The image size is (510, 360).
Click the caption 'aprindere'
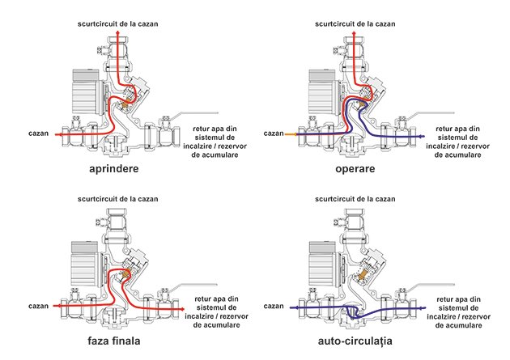[114, 169]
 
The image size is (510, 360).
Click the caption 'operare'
[355, 169]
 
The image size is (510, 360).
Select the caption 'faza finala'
[114, 341]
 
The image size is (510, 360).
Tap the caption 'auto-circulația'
[355, 341]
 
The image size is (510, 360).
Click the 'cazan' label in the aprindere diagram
[38, 133]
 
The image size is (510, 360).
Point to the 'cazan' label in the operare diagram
[274, 133]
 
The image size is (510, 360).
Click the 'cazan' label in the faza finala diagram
[38, 306]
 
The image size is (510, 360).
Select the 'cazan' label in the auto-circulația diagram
[274, 306]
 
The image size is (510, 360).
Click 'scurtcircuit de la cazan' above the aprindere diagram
[117, 23]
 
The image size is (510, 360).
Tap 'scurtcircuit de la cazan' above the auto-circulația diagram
[355, 198]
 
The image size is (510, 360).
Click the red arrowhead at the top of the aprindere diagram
[117, 32]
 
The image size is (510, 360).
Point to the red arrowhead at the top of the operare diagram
[355, 32]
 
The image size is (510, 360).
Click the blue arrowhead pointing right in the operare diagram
[423, 136]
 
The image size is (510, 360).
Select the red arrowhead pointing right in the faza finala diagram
[183, 309]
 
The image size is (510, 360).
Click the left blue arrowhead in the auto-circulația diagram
[292, 307]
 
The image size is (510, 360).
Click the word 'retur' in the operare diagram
[444, 129]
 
